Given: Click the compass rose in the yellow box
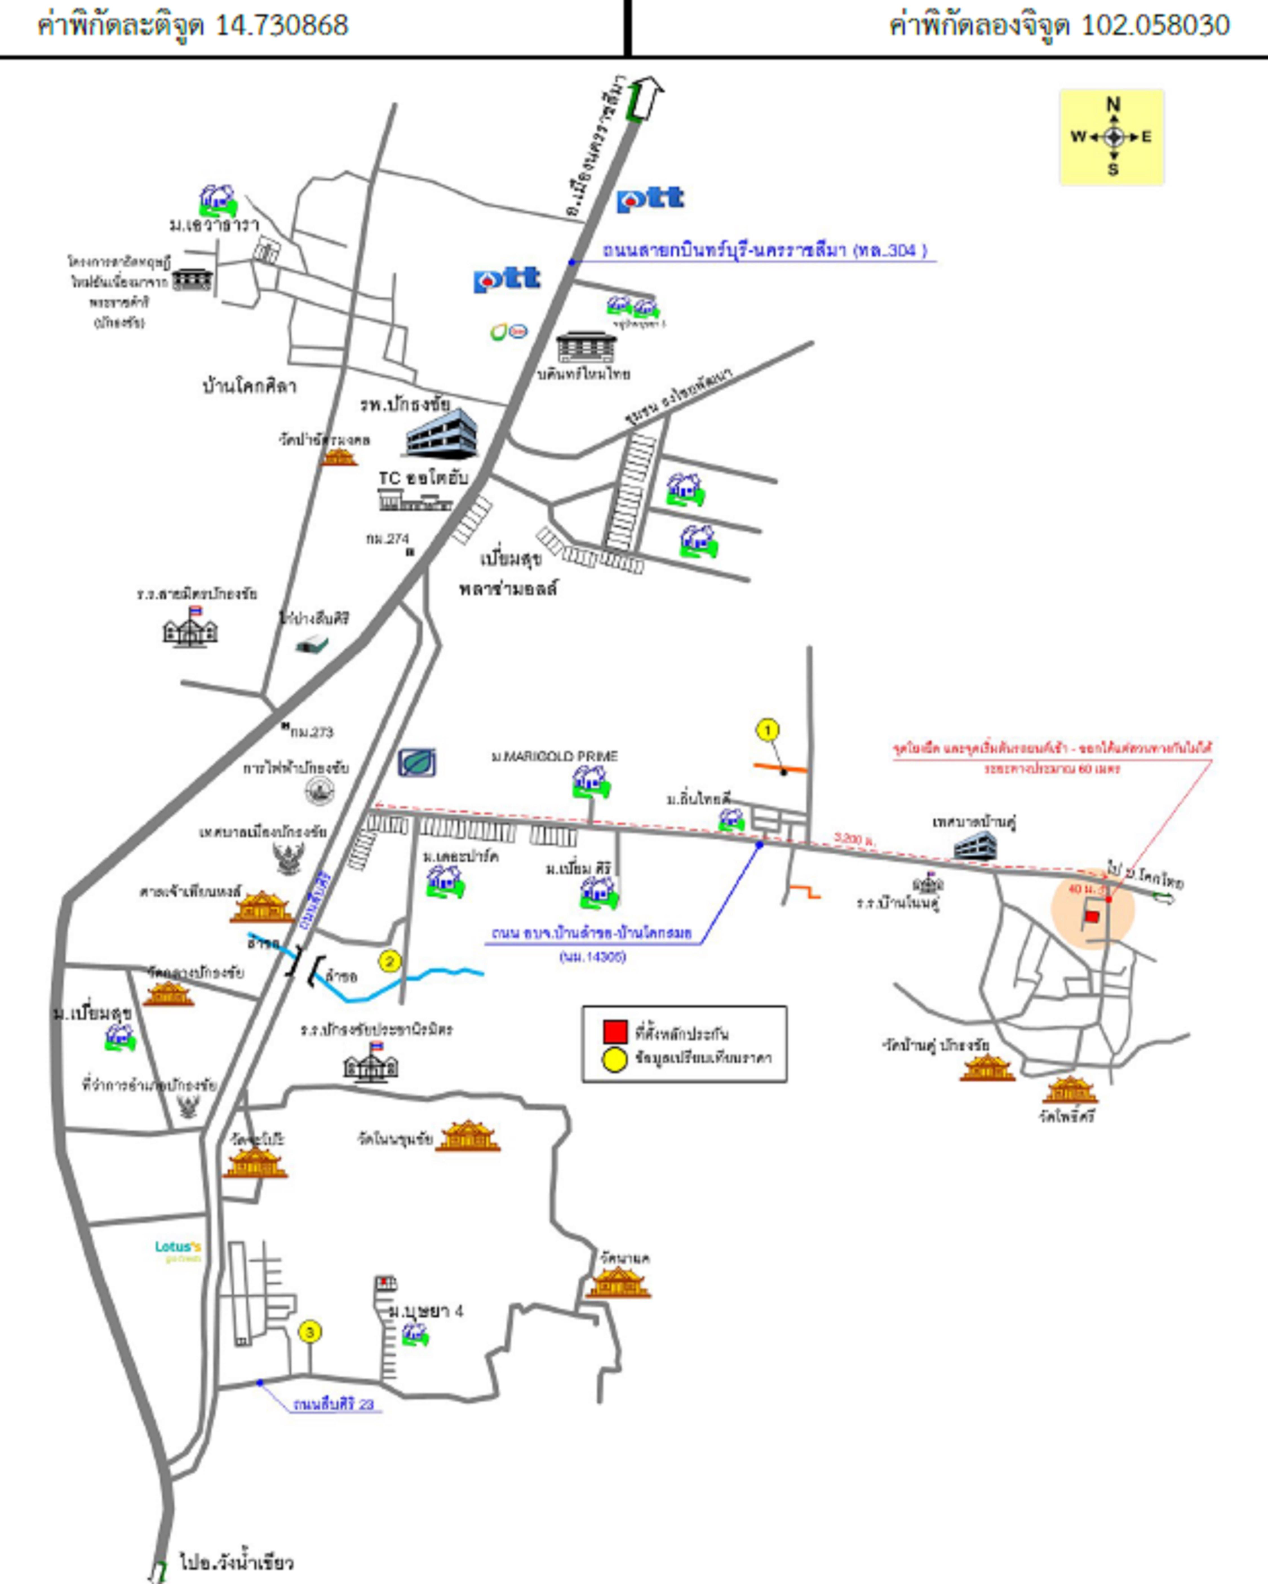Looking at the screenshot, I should (1114, 137).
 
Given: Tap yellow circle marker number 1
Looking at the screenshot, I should (768, 730).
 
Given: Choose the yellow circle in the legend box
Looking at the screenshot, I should (614, 1060).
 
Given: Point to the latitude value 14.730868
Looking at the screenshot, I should (281, 26).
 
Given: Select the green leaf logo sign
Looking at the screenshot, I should (417, 763).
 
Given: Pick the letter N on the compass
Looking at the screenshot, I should (1114, 104).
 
